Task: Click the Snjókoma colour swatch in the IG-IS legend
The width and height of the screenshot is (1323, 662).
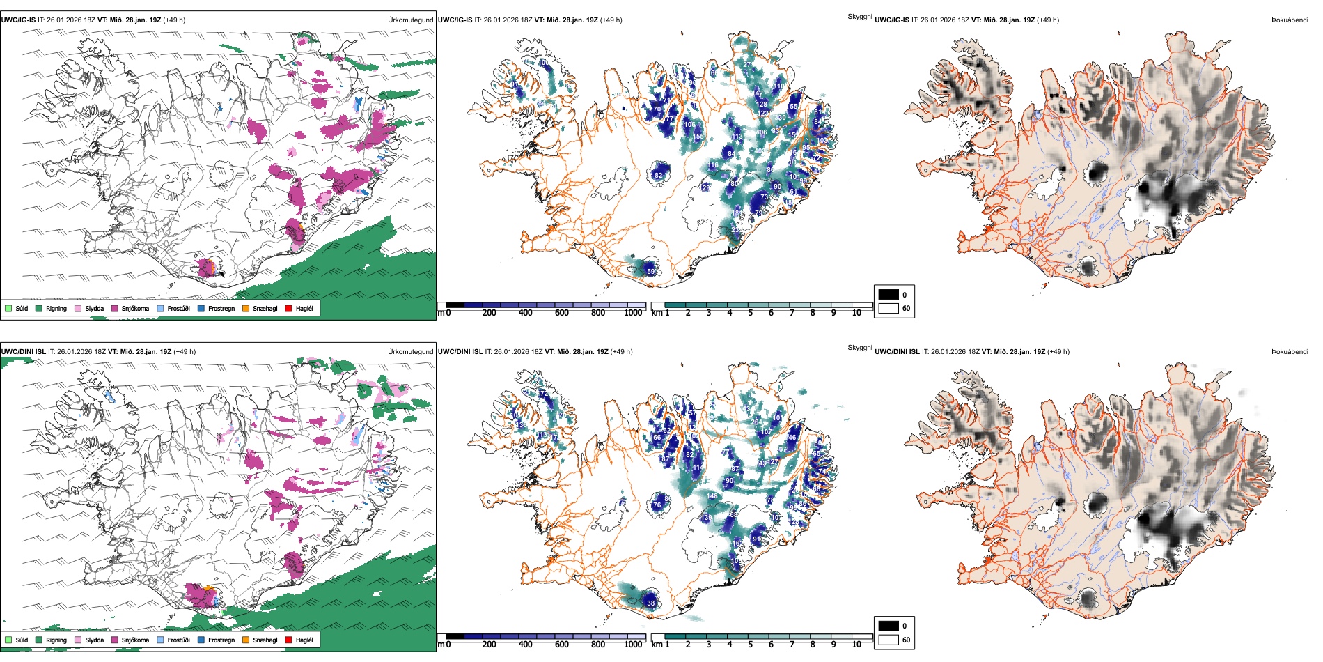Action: (115, 308)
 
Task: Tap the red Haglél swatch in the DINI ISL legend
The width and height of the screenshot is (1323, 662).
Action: (289, 640)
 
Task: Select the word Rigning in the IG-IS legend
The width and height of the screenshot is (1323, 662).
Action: (56, 308)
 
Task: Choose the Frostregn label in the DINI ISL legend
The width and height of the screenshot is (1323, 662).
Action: (221, 640)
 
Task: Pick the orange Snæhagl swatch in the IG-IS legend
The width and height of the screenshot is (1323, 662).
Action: (246, 308)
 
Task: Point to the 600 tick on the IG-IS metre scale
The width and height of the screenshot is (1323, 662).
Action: (562, 313)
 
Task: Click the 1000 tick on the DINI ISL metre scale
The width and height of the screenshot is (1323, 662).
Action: (633, 645)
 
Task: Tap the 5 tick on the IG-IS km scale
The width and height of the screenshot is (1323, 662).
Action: (750, 313)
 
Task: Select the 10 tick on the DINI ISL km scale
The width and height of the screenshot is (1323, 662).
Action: (856, 645)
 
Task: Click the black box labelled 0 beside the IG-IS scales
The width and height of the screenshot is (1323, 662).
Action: (888, 295)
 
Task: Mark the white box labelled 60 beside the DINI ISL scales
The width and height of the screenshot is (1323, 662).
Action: (888, 640)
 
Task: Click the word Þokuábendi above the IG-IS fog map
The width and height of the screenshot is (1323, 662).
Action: (1290, 20)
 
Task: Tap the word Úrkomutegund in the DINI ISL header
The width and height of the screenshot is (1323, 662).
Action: (410, 352)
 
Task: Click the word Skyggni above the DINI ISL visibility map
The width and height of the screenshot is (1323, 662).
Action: (859, 348)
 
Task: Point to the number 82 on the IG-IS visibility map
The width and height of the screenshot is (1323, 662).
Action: (659, 176)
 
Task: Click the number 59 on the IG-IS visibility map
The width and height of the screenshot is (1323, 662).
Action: (650, 272)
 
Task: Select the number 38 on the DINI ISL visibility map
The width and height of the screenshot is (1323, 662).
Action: (650, 603)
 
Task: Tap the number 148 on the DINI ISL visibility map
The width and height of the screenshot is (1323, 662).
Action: (712, 496)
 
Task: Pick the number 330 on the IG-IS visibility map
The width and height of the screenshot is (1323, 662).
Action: (781, 118)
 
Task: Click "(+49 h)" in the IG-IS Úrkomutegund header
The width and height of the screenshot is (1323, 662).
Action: (173, 20)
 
